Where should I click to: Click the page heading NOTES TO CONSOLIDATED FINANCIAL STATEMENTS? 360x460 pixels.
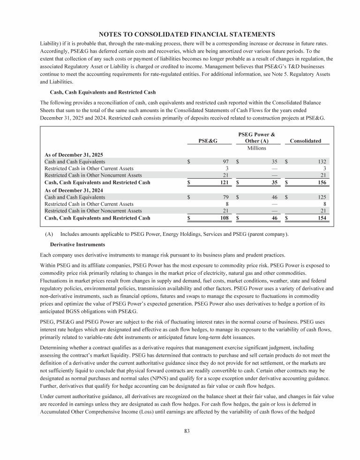pyautogui.click(x=187, y=34)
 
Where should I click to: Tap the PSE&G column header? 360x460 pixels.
pyautogui.click(x=208, y=141)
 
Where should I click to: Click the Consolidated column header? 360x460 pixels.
pyautogui.click(x=306, y=141)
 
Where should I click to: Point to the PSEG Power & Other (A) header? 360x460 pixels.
pyautogui.click(x=256, y=137)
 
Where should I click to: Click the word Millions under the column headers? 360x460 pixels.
pyautogui.click(x=256, y=148)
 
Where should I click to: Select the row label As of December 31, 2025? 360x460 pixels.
pyautogui.click(x=74, y=154)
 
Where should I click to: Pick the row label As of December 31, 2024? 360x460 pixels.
pyautogui.click(x=74, y=190)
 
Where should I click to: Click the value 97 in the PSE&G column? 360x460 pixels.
pyautogui.click(x=225, y=161)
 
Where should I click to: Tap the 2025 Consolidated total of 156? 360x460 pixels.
pyautogui.click(x=321, y=182)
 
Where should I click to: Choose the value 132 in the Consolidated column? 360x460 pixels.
pyautogui.click(x=321, y=161)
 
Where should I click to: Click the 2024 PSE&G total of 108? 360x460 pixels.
pyautogui.click(x=224, y=218)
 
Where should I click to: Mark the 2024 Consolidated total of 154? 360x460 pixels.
pyautogui.click(x=321, y=218)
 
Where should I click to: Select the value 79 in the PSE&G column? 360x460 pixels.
pyautogui.click(x=225, y=197)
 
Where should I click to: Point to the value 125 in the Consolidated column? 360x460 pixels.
pyautogui.click(x=321, y=197)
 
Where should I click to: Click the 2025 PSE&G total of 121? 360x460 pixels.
pyautogui.click(x=224, y=182)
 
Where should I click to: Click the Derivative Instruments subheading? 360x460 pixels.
pyautogui.click(x=77, y=245)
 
